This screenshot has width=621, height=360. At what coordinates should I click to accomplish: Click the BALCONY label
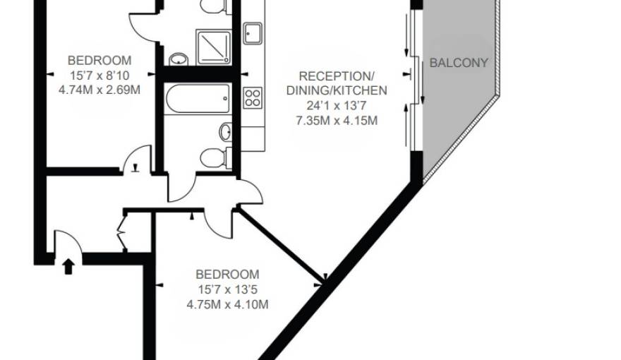(459, 63)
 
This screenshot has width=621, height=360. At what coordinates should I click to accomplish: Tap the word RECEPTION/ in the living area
(336, 76)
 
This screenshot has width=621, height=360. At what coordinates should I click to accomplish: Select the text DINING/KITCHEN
(337, 91)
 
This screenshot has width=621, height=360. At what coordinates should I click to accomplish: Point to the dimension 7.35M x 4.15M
(337, 121)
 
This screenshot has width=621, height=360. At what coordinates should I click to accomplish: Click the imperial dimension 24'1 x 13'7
(337, 106)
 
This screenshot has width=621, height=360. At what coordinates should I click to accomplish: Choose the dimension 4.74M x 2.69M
(100, 90)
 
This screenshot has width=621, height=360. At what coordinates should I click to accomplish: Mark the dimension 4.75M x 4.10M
(227, 304)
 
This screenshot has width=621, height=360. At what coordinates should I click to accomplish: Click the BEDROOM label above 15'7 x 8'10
(100, 60)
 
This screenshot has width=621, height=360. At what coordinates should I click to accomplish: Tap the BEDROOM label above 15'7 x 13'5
(227, 274)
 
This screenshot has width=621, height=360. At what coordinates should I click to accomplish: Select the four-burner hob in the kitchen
(253, 98)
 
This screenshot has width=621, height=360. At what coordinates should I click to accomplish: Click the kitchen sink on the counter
(253, 32)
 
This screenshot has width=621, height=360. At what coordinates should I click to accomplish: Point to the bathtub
(198, 98)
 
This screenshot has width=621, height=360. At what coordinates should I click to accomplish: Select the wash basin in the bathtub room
(225, 131)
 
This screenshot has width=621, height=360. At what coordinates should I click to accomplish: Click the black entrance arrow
(68, 266)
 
